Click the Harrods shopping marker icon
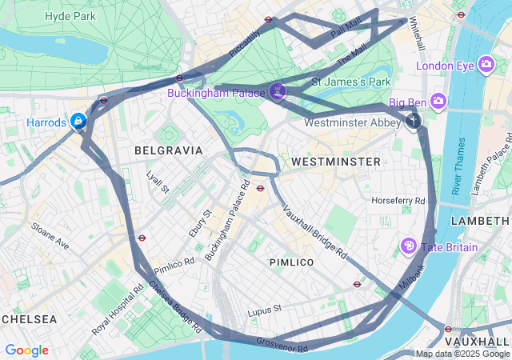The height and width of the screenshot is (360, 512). click(78, 122)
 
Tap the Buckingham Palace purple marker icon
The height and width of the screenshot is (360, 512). click(278, 91)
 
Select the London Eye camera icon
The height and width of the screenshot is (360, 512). click(486, 65)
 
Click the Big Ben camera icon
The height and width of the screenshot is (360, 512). click(438, 101)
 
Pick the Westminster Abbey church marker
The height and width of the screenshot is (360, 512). click(414, 122)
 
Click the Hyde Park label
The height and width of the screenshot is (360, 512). click(70, 16)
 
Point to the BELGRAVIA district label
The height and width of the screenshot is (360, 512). click(169, 150)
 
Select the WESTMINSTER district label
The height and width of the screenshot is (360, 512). click(335, 162)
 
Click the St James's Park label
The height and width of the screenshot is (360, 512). click(350, 81)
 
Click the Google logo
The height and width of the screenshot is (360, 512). click(26, 350)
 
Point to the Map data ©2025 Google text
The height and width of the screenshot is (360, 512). click(462, 354)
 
